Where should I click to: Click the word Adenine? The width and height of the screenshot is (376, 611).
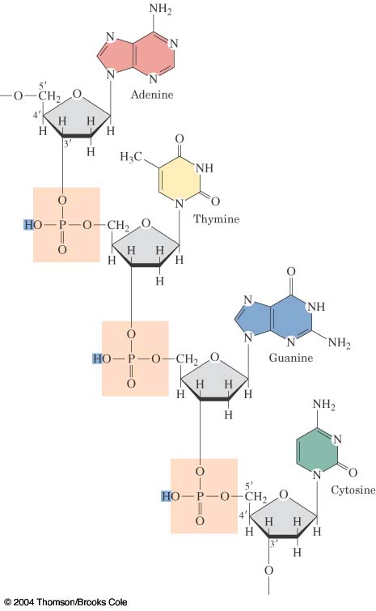[152, 95]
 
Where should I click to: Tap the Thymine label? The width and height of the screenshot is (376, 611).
[217, 219]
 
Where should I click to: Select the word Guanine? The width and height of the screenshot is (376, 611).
[291, 358]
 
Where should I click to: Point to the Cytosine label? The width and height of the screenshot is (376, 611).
[353, 490]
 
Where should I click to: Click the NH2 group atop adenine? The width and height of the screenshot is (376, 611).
[160, 10]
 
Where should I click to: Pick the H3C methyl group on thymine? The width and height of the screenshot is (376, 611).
[130, 158]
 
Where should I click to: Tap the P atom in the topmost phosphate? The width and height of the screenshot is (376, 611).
[62, 225]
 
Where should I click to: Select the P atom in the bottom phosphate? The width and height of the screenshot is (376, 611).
[200, 496]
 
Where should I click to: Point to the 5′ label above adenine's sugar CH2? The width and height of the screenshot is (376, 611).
[43, 86]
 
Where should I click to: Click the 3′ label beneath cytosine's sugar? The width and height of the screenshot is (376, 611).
[273, 545]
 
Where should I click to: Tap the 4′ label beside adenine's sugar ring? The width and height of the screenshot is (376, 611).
[37, 115]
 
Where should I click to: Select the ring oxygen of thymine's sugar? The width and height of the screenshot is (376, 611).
[146, 223]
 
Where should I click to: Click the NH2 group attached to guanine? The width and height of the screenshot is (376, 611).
[339, 342]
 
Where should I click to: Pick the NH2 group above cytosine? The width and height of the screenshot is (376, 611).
[323, 405]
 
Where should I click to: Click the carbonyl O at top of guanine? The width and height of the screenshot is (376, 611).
[291, 271]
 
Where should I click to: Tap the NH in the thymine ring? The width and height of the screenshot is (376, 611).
[205, 168]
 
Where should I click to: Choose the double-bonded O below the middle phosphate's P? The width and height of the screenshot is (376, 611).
[131, 384]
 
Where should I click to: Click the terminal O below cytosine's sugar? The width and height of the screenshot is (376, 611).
[268, 571]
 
